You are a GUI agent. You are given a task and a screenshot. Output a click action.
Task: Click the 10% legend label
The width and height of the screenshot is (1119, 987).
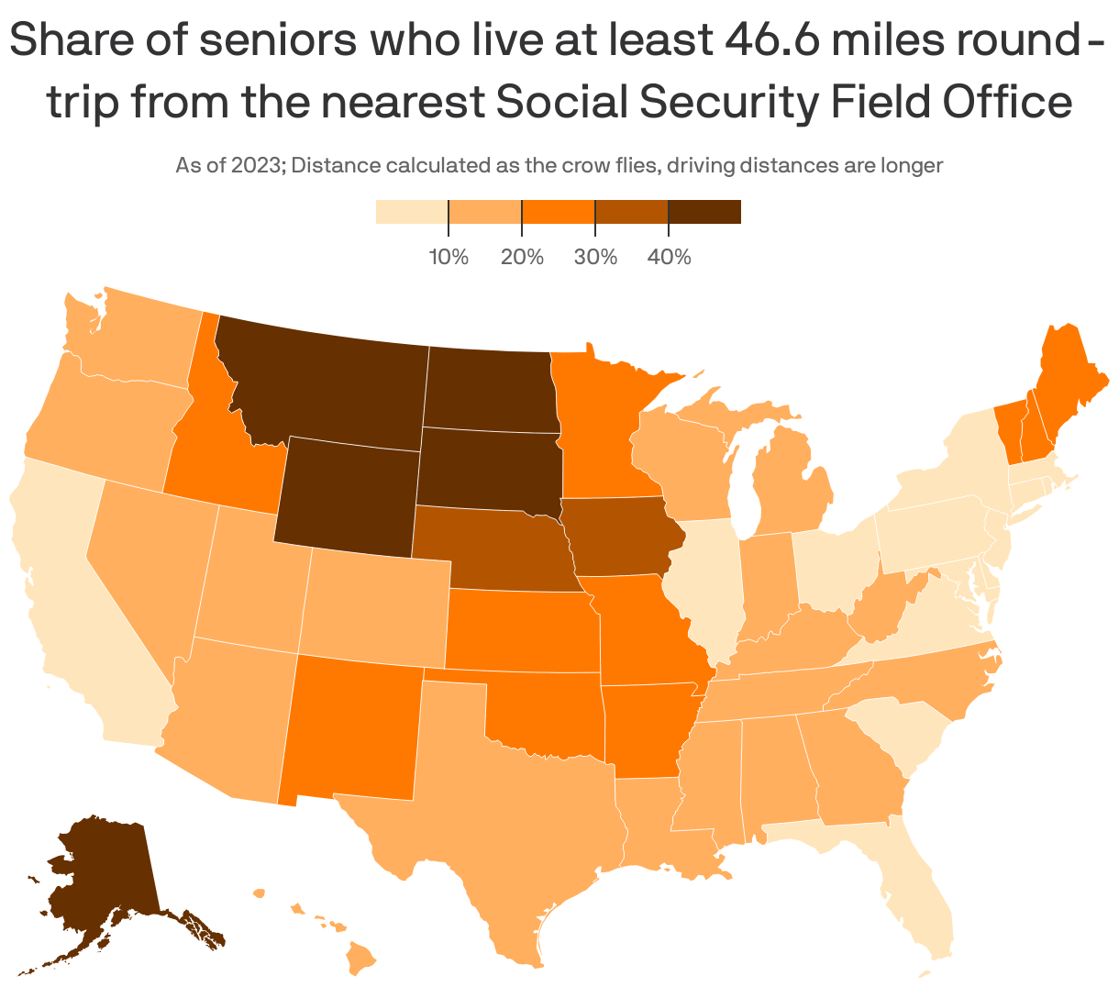click(449, 257)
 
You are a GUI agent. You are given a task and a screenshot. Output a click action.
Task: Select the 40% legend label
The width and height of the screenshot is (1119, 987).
click(669, 257)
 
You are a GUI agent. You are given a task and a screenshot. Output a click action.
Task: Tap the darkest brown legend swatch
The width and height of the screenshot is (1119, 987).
click(704, 212)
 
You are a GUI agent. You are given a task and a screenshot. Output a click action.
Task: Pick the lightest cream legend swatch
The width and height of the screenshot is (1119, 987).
click(411, 212)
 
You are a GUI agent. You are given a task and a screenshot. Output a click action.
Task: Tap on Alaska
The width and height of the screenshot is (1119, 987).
click(101, 881)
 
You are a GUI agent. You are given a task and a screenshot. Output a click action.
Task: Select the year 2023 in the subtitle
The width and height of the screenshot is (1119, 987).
click(256, 166)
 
